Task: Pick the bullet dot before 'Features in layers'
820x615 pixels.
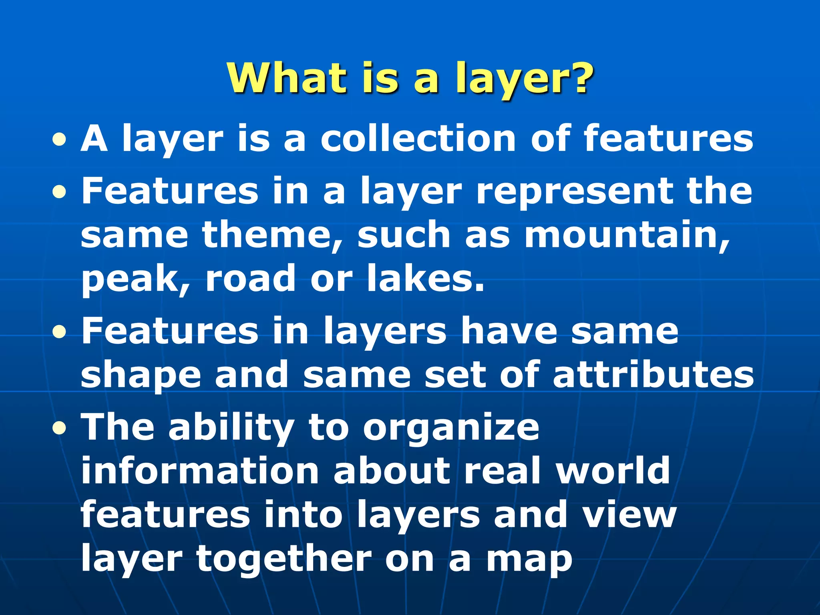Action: click(59, 332)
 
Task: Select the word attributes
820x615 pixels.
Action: click(653, 375)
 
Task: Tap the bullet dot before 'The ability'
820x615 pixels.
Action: click(59, 428)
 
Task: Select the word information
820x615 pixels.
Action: click(200, 471)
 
